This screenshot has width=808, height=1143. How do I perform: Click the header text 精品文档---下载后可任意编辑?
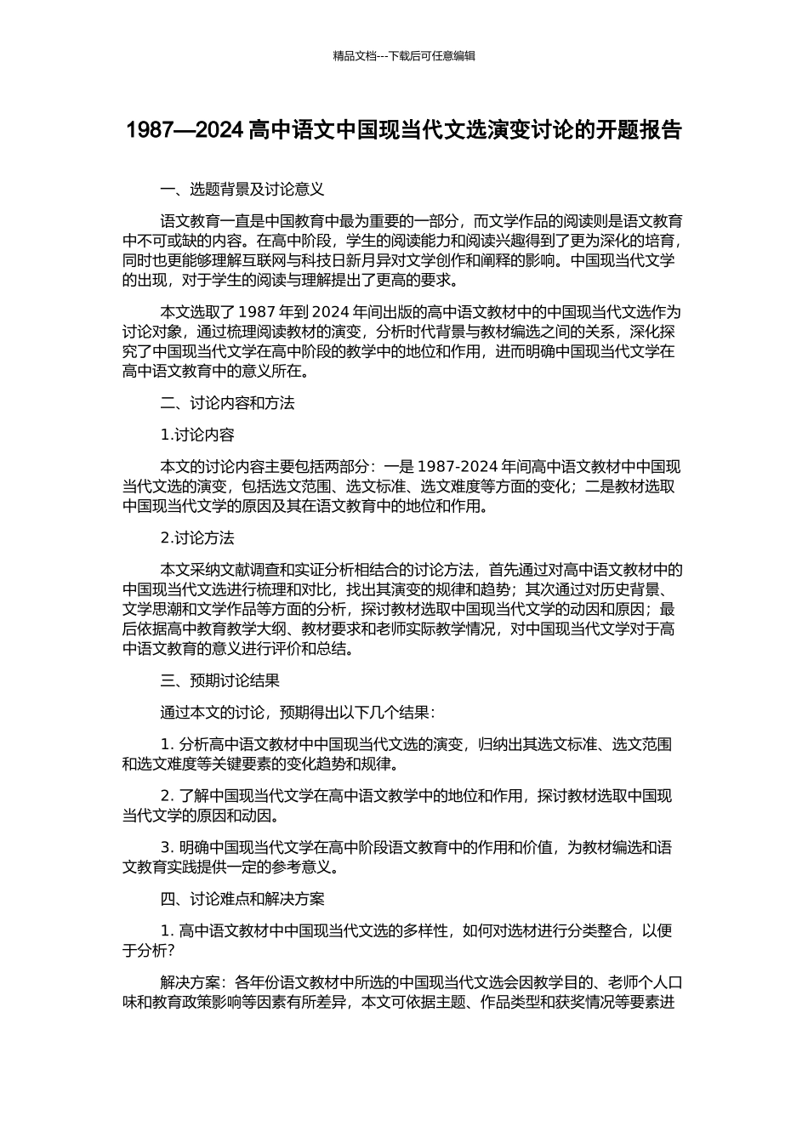[404, 56]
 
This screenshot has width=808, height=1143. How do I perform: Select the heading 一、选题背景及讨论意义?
[242, 189]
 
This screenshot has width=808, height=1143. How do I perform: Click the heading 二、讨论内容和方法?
[227, 403]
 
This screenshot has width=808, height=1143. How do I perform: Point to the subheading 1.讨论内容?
[197, 435]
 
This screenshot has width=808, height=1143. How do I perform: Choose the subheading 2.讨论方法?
[197, 538]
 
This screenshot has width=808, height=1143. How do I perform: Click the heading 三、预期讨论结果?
[219, 681]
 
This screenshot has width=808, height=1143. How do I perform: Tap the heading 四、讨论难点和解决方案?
[242, 899]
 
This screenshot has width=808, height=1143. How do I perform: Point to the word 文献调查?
[265, 570]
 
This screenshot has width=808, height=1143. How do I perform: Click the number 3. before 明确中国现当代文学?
[168, 848]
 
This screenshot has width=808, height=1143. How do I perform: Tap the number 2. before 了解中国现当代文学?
[168, 796]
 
